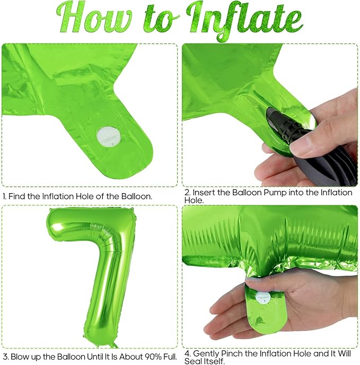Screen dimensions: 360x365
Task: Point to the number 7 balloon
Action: (93, 277)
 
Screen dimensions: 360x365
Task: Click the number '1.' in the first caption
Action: (5, 196)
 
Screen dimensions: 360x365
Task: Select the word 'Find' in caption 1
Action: (17, 196)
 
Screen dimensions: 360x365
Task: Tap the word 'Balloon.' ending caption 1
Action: (137, 196)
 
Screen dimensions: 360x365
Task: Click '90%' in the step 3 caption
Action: (153, 357)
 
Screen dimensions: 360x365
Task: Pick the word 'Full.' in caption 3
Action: (170, 357)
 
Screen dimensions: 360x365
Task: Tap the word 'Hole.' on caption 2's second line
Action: (194, 200)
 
